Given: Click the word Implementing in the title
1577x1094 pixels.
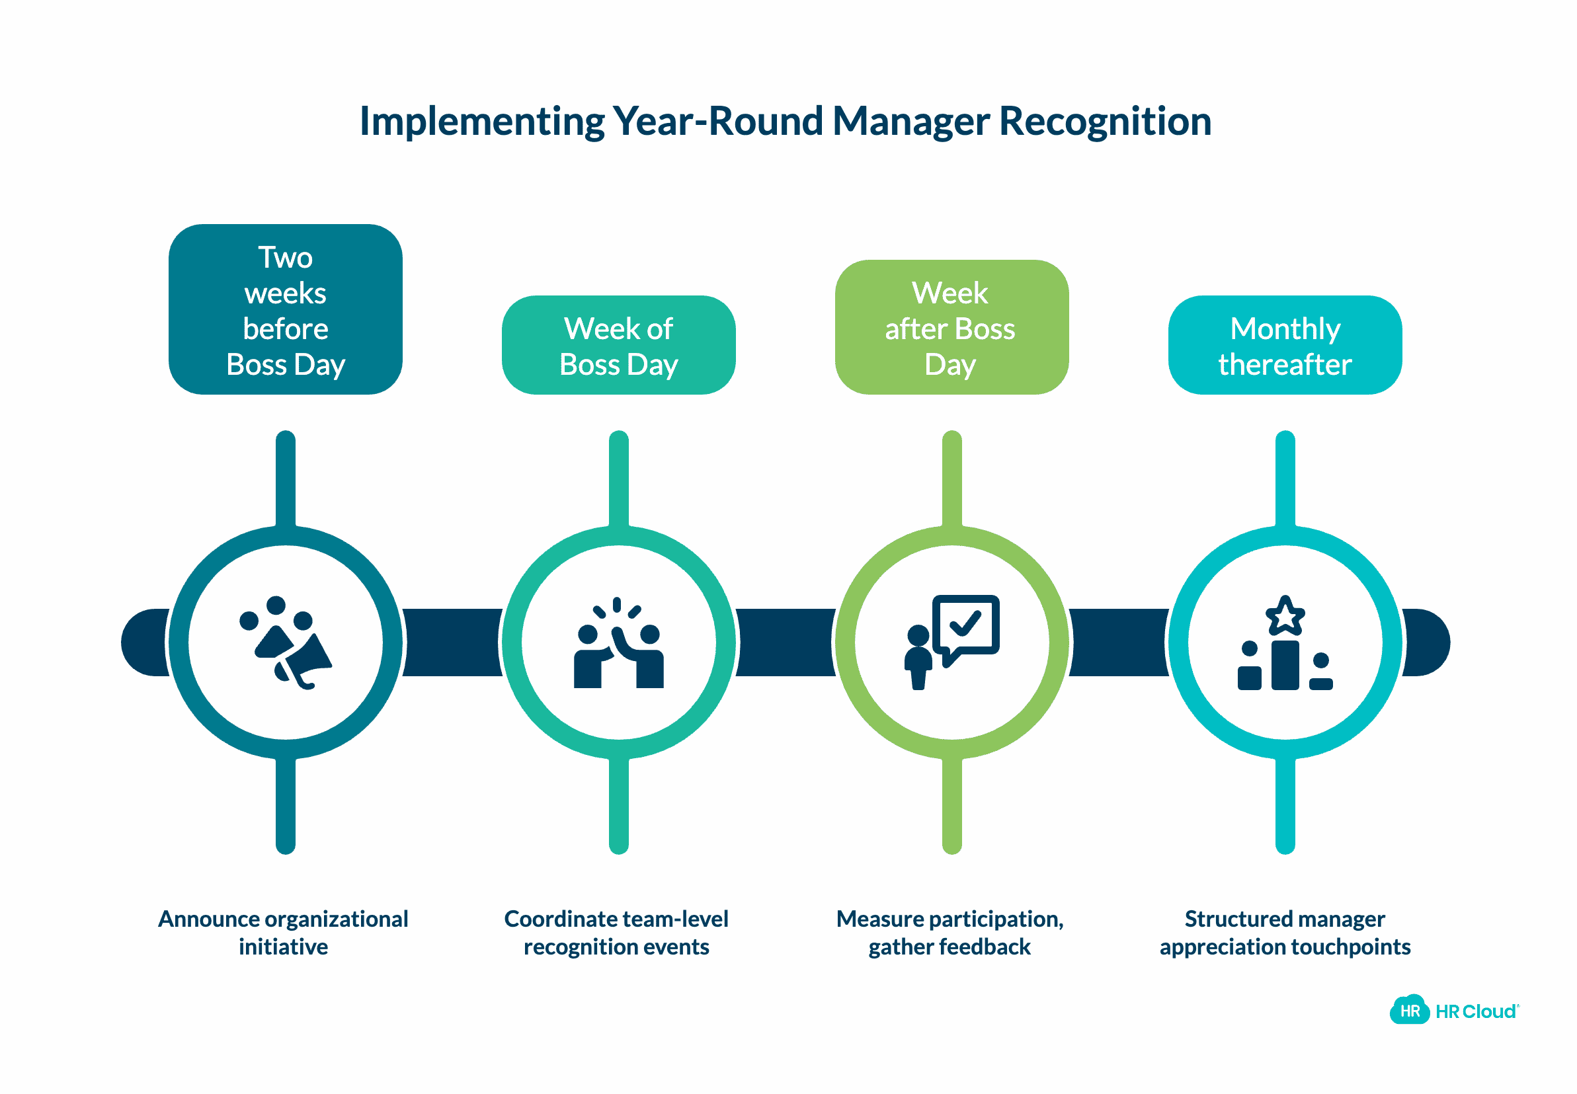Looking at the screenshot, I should click(x=481, y=122).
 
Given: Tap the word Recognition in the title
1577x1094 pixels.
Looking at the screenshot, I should click(x=1105, y=122).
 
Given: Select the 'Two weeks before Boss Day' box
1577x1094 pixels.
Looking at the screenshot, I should click(x=285, y=310).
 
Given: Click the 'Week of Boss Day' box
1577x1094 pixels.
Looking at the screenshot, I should click(x=618, y=346).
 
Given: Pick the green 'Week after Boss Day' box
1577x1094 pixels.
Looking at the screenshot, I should click(x=951, y=328).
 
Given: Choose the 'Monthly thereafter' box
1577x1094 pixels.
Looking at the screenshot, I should click(x=1284, y=346).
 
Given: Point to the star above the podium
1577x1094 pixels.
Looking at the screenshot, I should click(x=1284, y=615).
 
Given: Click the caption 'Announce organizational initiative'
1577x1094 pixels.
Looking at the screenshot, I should click(x=283, y=932).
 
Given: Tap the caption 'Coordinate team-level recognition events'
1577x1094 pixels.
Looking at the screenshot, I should click(x=616, y=932).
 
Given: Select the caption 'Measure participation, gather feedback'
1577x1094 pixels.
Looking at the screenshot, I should click(x=950, y=932).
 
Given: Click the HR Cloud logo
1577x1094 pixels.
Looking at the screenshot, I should click(x=1453, y=1010).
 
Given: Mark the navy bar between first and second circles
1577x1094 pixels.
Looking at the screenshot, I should click(x=452, y=643).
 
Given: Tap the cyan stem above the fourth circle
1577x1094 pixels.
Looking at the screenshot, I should click(x=1285, y=480).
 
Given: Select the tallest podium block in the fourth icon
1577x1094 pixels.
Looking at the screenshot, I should click(x=1285, y=665).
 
